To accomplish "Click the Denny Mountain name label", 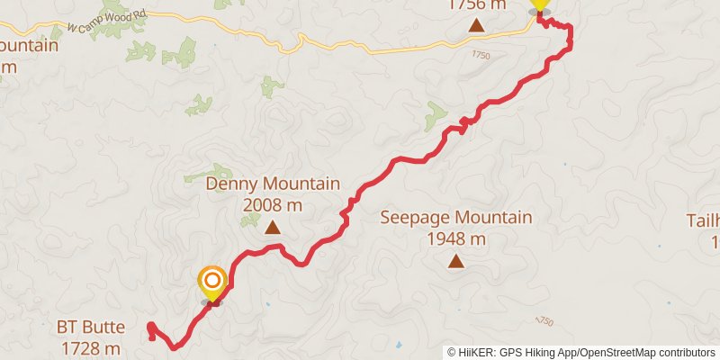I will pos(273,184).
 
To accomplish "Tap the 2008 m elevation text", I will pos(273,205).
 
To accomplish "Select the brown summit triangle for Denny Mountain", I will pos(273,229).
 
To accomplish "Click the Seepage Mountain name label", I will pos(455,218).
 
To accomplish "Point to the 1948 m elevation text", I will pos(455,238).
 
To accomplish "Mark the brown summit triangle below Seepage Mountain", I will pos(456,262).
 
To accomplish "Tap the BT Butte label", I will pos(91,328).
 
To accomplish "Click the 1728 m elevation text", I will pos(91,347).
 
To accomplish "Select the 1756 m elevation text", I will pos(476,4).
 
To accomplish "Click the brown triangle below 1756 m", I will pos(476,24).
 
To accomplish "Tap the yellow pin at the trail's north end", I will pos(539,4).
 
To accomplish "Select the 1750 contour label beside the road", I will pos(481,55).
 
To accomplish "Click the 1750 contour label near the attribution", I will pos(544,321).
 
